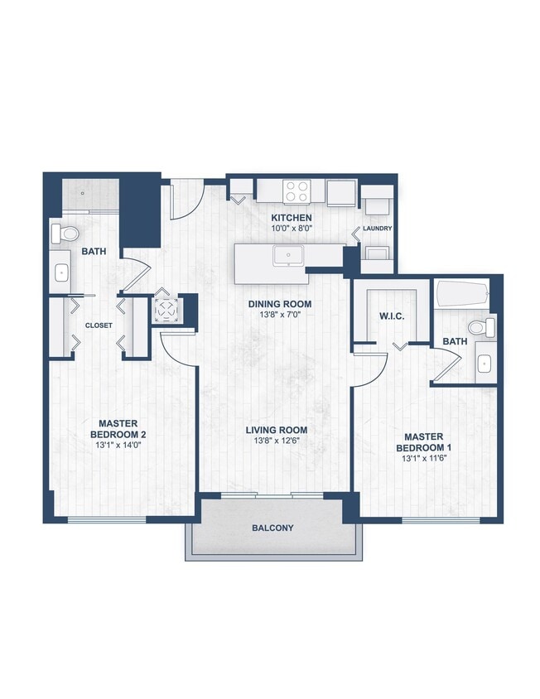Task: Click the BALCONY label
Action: pos(273,528)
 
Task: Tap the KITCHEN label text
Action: pos(292,218)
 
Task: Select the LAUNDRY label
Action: pos(376,229)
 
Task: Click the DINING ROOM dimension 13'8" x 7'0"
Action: pos(280,316)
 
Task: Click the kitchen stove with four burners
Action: pos(297,191)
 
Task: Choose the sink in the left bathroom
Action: pos(61,272)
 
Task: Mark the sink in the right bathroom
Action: pos(485,363)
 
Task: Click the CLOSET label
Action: pos(99,325)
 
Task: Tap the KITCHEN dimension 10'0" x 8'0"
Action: pos(292,229)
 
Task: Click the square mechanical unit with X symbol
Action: pos(166,310)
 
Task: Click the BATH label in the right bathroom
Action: pos(454,341)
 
